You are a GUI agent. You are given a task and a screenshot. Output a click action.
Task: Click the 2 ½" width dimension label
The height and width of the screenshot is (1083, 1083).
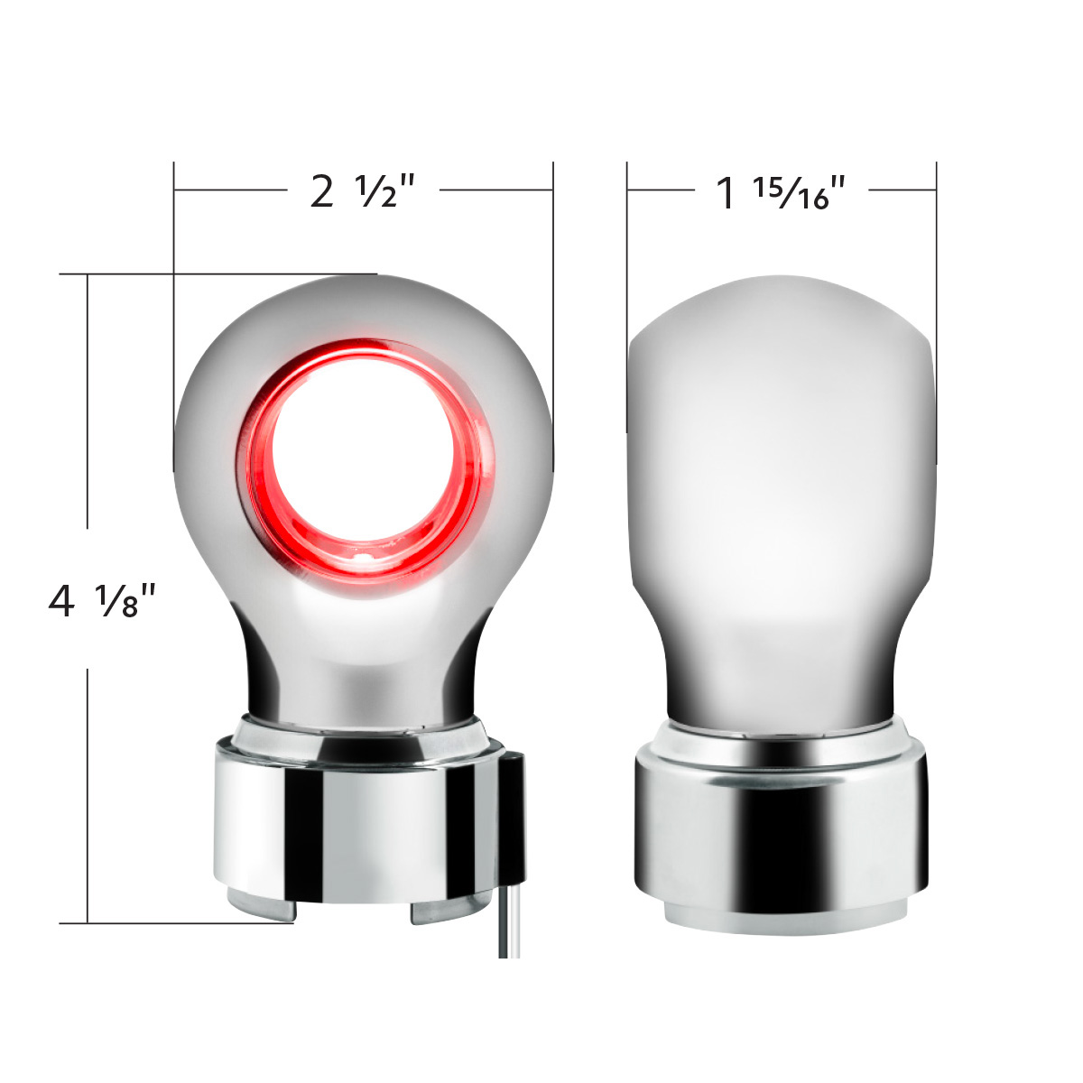(x=362, y=191)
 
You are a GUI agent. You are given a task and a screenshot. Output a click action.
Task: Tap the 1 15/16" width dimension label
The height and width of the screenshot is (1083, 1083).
(x=781, y=193)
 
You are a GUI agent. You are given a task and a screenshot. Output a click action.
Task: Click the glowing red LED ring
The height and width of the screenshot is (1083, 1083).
(x=262, y=469)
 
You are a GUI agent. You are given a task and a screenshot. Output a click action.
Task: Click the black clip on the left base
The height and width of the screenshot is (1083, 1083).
(x=514, y=821)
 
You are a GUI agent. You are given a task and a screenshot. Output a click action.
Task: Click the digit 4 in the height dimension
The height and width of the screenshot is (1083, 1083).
(x=62, y=600)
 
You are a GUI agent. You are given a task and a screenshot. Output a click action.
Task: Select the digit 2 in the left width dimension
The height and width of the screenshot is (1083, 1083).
(x=321, y=191)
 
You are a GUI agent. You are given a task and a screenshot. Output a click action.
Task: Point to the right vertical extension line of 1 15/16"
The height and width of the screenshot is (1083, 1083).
(x=936, y=271)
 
